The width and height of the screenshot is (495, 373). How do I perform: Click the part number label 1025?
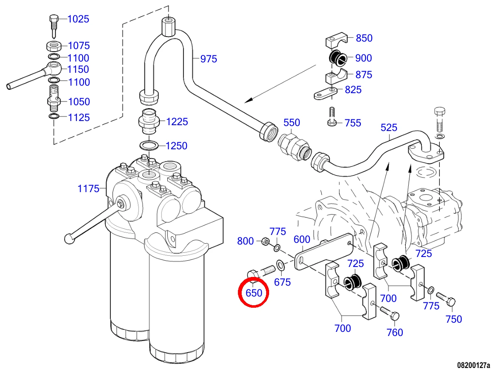tap(78, 19)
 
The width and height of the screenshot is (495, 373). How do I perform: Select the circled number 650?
tap(254, 293)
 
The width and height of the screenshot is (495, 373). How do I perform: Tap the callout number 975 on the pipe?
tap(208, 59)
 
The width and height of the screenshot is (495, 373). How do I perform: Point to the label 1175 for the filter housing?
tap(88, 189)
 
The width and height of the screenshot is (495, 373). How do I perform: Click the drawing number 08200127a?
tap(474, 366)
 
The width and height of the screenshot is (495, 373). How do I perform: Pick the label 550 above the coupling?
tap(292, 123)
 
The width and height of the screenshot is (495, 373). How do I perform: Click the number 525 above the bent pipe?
tap(389, 128)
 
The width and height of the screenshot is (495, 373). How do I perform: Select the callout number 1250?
tap(176, 146)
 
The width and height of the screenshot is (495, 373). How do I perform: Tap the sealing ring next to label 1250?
tap(149, 146)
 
